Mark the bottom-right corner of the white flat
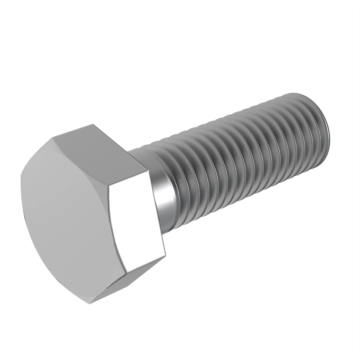[166, 256]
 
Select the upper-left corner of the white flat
[109, 187]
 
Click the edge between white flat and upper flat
[129, 179]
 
